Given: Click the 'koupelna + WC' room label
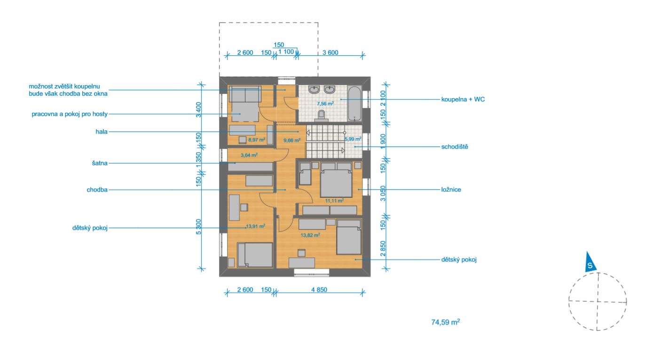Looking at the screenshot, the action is coord(463,99).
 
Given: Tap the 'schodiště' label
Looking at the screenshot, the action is coord(455,147).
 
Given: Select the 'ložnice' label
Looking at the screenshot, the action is coord(451,190).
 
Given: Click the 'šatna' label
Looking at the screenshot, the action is coord(100,163).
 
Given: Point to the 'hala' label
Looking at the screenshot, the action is coord(102,132).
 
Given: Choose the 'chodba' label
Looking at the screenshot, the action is coord(97,190).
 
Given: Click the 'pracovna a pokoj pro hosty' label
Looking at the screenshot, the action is coord(70,114).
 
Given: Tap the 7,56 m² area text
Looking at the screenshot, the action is coord(325,103).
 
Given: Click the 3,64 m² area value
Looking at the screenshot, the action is coord(249,155).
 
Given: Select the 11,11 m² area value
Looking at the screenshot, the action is coord(334,201).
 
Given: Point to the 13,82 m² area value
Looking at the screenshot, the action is coord(310,235).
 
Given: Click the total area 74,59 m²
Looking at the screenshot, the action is coord(446,322).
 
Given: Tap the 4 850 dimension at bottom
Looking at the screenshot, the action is coord(319,290).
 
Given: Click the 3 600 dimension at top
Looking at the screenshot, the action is coord(330,53).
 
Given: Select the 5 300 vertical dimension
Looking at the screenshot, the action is coord(198,227).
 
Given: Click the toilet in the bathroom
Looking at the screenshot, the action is coord(321,115).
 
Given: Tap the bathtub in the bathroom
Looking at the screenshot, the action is coord(355,103).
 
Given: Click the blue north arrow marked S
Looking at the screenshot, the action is coord(590,262).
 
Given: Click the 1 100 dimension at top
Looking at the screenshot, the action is coord(286,52).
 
